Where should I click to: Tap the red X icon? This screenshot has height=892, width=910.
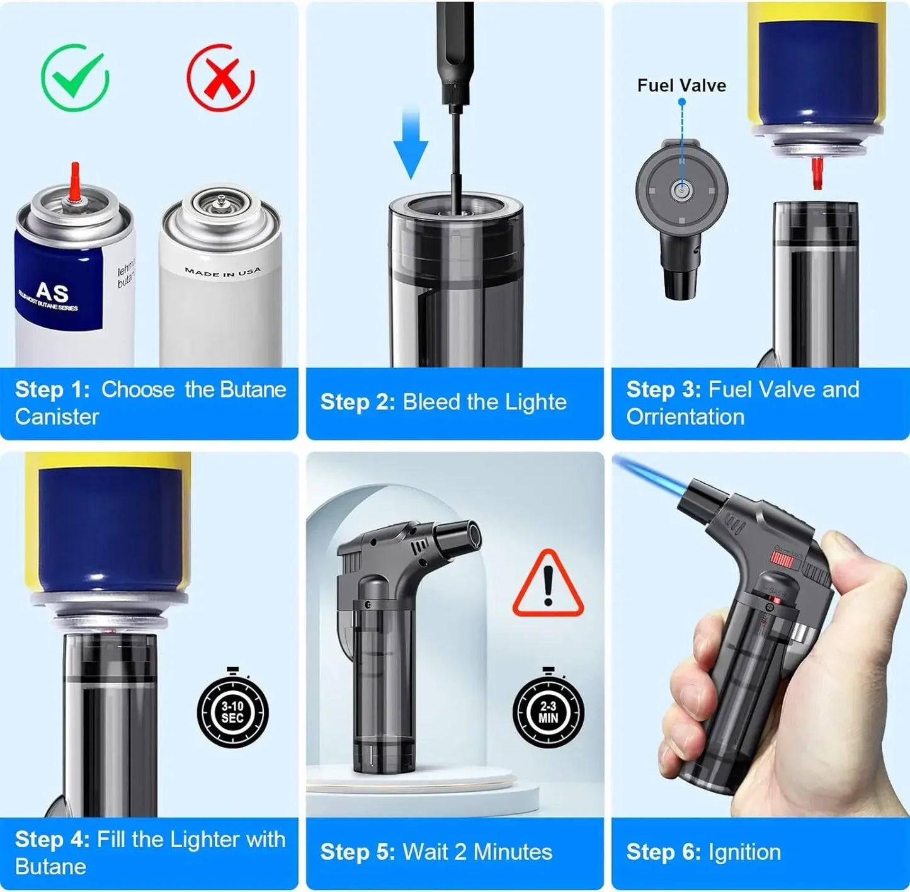point(220,77)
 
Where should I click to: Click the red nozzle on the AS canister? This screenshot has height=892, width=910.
point(76,183)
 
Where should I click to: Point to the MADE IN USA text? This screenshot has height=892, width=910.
point(222,272)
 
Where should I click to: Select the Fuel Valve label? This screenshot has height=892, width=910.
point(681,86)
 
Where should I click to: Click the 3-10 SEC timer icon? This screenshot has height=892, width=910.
point(232,712)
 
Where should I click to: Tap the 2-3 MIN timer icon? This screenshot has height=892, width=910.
point(548,712)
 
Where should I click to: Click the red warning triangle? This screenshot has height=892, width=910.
point(548,585)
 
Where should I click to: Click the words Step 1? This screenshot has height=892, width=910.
point(53,389)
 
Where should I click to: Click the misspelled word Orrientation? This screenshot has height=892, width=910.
point(685,416)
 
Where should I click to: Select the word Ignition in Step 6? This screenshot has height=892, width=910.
point(744,852)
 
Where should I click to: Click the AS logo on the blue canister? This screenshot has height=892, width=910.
point(52,292)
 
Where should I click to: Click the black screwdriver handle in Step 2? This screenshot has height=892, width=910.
point(454,50)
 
